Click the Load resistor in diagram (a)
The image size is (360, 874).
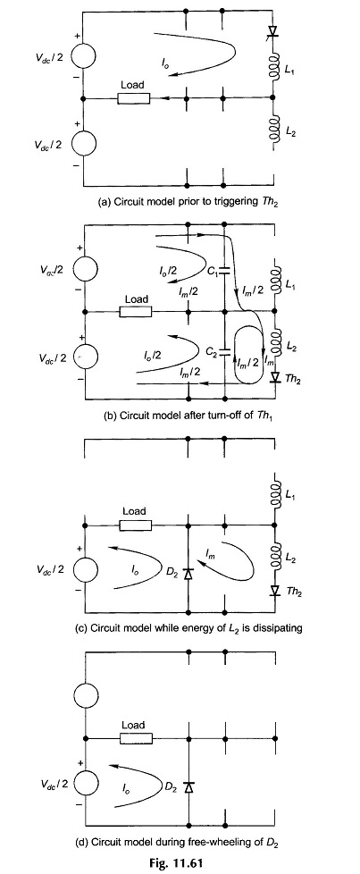(134, 98)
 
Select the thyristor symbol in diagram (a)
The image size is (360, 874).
(273, 33)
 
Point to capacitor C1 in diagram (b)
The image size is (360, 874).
(224, 272)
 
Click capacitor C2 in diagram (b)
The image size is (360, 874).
(224, 352)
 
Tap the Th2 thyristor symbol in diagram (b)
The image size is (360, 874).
(274, 377)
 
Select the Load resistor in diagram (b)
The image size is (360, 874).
(137, 312)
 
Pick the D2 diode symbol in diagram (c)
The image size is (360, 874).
(188, 573)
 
